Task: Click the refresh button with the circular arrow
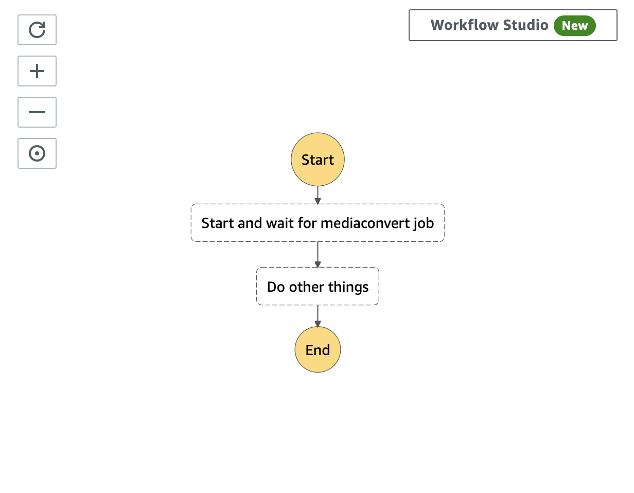click(37, 30)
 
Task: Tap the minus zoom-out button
click(37, 112)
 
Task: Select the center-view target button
click(37, 153)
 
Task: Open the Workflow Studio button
click(513, 25)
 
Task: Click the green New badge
click(575, 26)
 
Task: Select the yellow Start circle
click(318, 160)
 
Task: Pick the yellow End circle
click(318, 349)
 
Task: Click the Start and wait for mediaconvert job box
click(318, 223)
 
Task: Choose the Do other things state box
click(318, 286)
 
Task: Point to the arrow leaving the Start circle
click(318, 195)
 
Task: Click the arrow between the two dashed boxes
click(318, 255)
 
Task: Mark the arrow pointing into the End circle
click(318, 316)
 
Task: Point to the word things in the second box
click(348, 287)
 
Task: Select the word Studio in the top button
click(526, 25)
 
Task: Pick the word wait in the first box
click(279, 223)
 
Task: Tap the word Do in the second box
click(276, 287)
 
